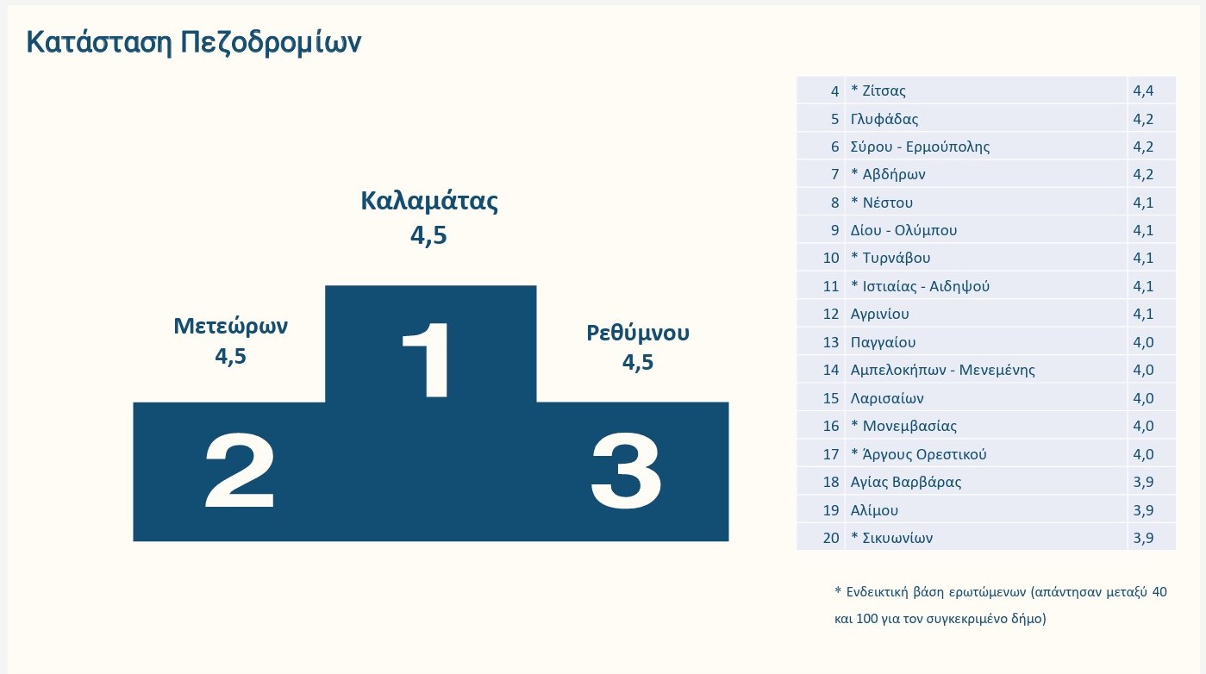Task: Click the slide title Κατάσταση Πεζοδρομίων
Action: coord(194,42)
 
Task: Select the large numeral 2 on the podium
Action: coord(241,471)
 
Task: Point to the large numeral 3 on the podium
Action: coord(626,471)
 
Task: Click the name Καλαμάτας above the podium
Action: coord(429,201)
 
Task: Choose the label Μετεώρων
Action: coord(230,326)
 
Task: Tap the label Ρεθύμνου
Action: coord(637,332)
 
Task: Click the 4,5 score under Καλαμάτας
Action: coord(428,235)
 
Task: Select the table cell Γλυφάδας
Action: coord(884,118)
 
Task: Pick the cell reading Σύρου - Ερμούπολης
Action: coord(920,147)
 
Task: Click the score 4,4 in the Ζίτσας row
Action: coord(1143,90)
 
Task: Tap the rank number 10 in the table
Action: coord(831,258)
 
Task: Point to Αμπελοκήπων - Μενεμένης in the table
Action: coord(942,370)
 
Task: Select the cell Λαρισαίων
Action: coord(887,398)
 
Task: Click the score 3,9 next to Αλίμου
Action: coord(1143,509)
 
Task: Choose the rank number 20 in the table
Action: coord(831,538)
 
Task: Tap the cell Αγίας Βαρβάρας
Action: coord(905,482)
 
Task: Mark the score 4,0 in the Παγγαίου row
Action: coord(1143,342)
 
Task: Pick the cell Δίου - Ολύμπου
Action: coord(903,230)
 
